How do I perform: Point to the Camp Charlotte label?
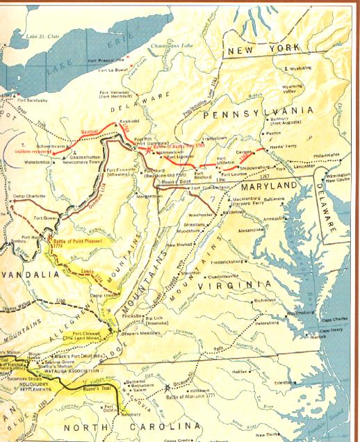[30, 195]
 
